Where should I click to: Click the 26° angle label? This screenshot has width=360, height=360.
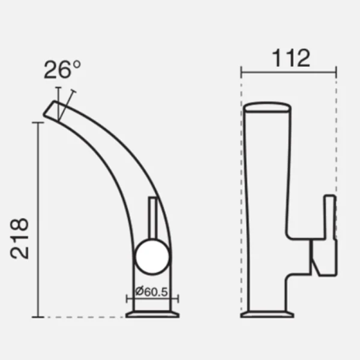[62, 70]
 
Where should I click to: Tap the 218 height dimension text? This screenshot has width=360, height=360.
[20, 239]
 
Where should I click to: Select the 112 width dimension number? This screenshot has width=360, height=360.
[291, 58]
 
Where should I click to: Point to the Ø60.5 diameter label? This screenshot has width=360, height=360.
[152, 292]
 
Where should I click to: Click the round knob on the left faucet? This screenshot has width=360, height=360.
[152, 256]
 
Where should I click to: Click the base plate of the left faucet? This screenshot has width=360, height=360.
[152, 314]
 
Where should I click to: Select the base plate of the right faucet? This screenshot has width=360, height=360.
[267, 314]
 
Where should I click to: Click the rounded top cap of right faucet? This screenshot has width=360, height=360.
[267, 107]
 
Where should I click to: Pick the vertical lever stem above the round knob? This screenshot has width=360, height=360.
[152, 218]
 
